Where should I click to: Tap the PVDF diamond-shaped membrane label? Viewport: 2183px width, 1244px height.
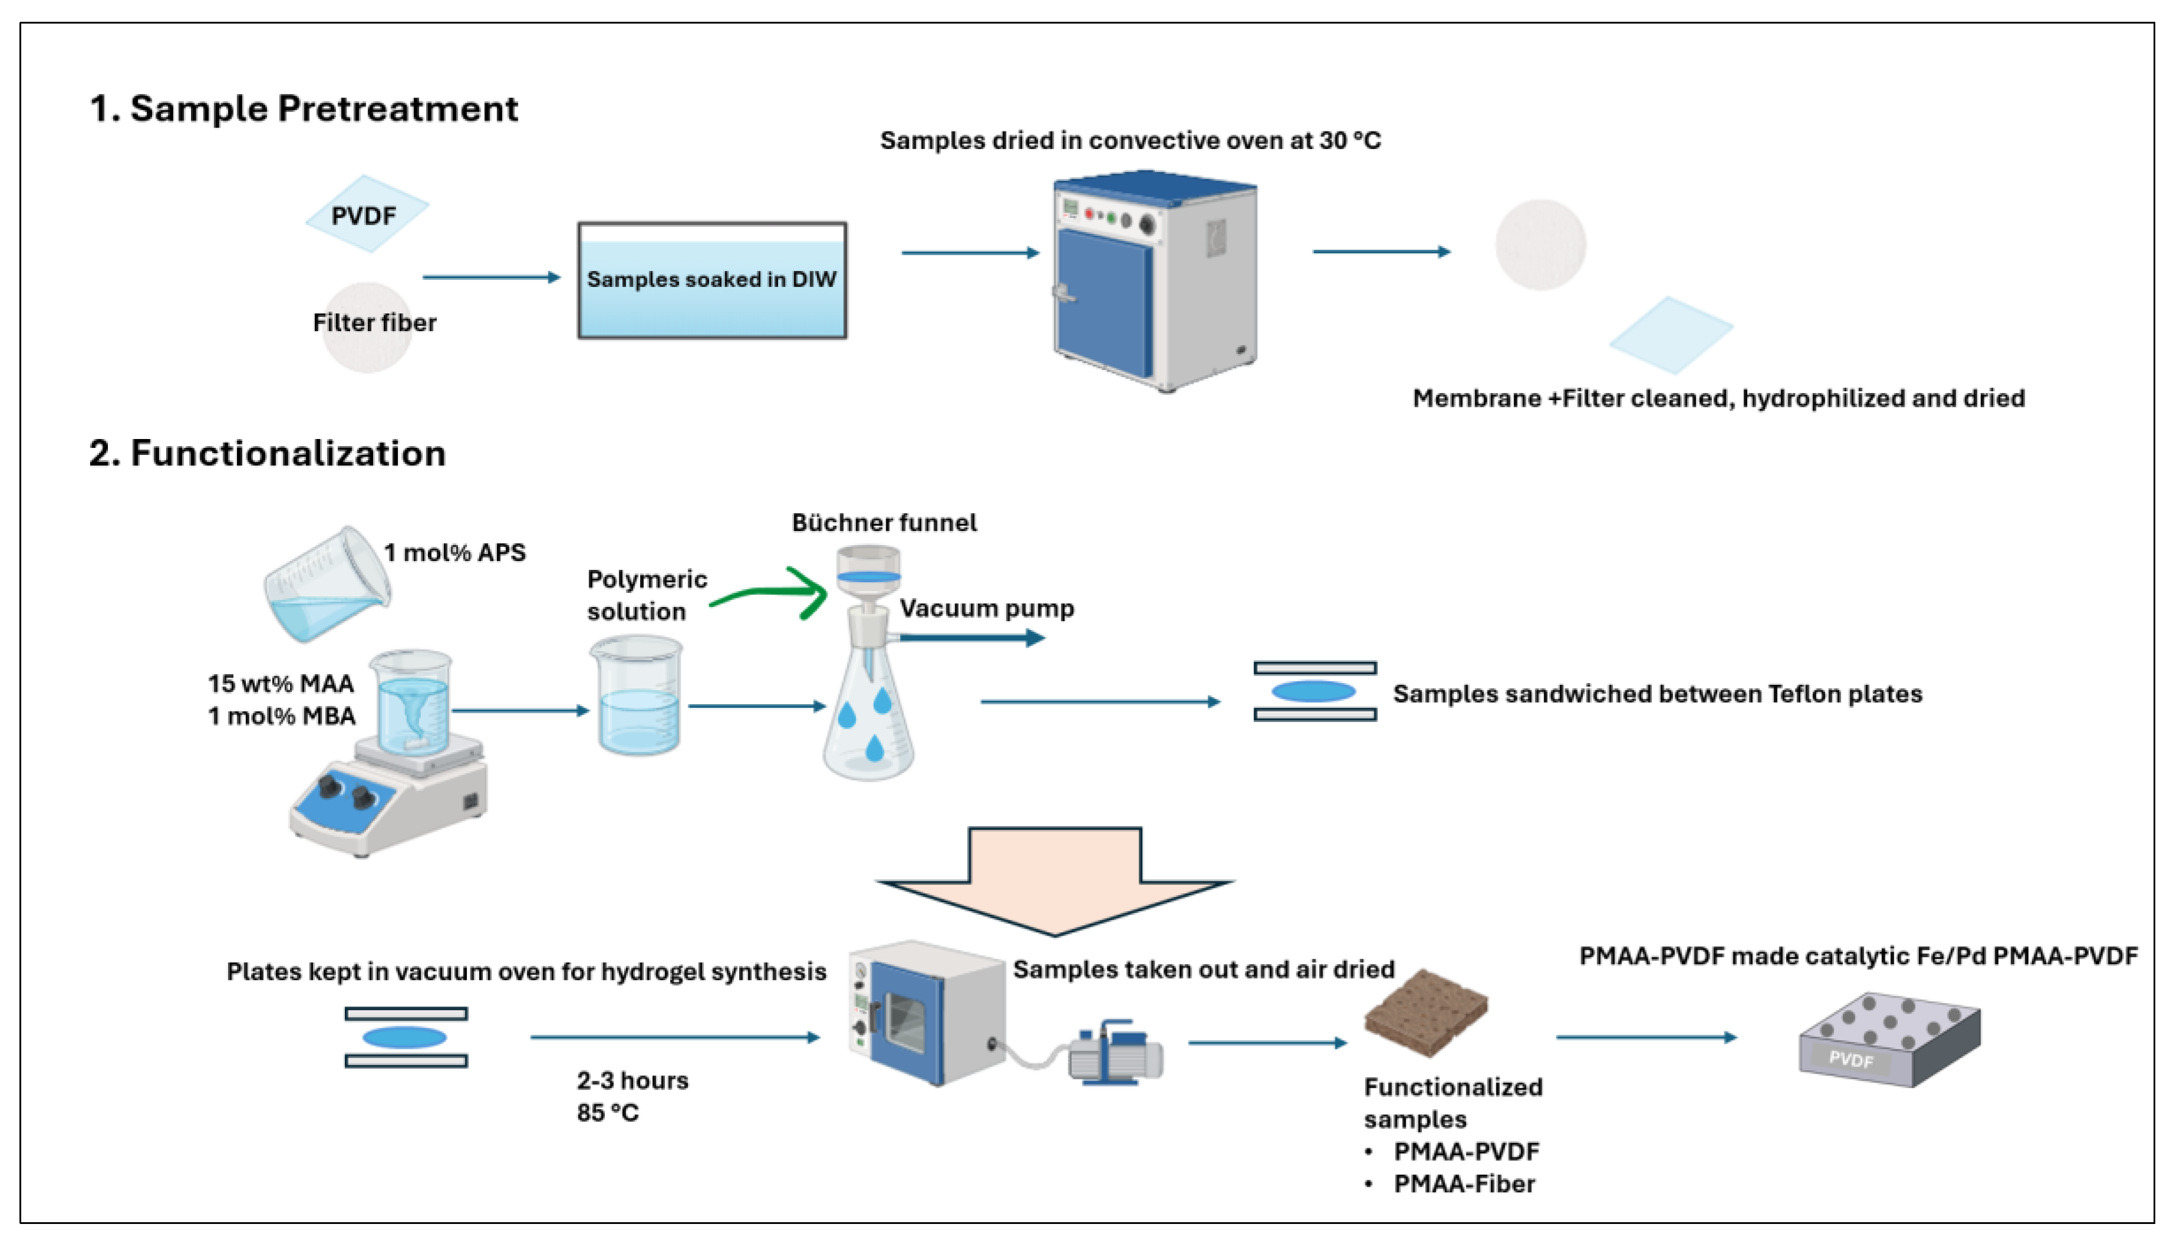tap(365, 215)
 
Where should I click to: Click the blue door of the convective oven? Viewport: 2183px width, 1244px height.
tap(1104, 303)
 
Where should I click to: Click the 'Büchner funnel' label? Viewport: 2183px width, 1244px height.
tap(883, 522)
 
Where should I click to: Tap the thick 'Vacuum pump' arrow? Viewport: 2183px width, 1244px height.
tap(971, 638)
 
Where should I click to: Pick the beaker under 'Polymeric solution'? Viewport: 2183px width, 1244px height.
tap(637, 697)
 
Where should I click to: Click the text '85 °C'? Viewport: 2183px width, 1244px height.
tap(608, 1113)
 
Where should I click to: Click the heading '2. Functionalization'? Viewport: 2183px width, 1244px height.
tap(268, 453)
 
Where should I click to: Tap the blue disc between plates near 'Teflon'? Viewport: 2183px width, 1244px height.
tap(1313, 691)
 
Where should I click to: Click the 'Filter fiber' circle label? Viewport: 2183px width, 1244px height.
tap(374, 323)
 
